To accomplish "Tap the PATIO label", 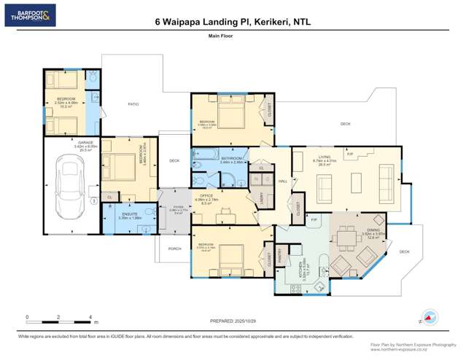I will click(x=133, y=104).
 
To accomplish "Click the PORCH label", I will click(x=174, y=249).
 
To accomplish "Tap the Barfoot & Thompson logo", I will click(x=30, y=15).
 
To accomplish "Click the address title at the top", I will click(x=233, y=22).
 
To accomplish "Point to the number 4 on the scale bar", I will click(x=90, y=316).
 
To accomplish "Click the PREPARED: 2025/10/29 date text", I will click(x=233, y=321).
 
